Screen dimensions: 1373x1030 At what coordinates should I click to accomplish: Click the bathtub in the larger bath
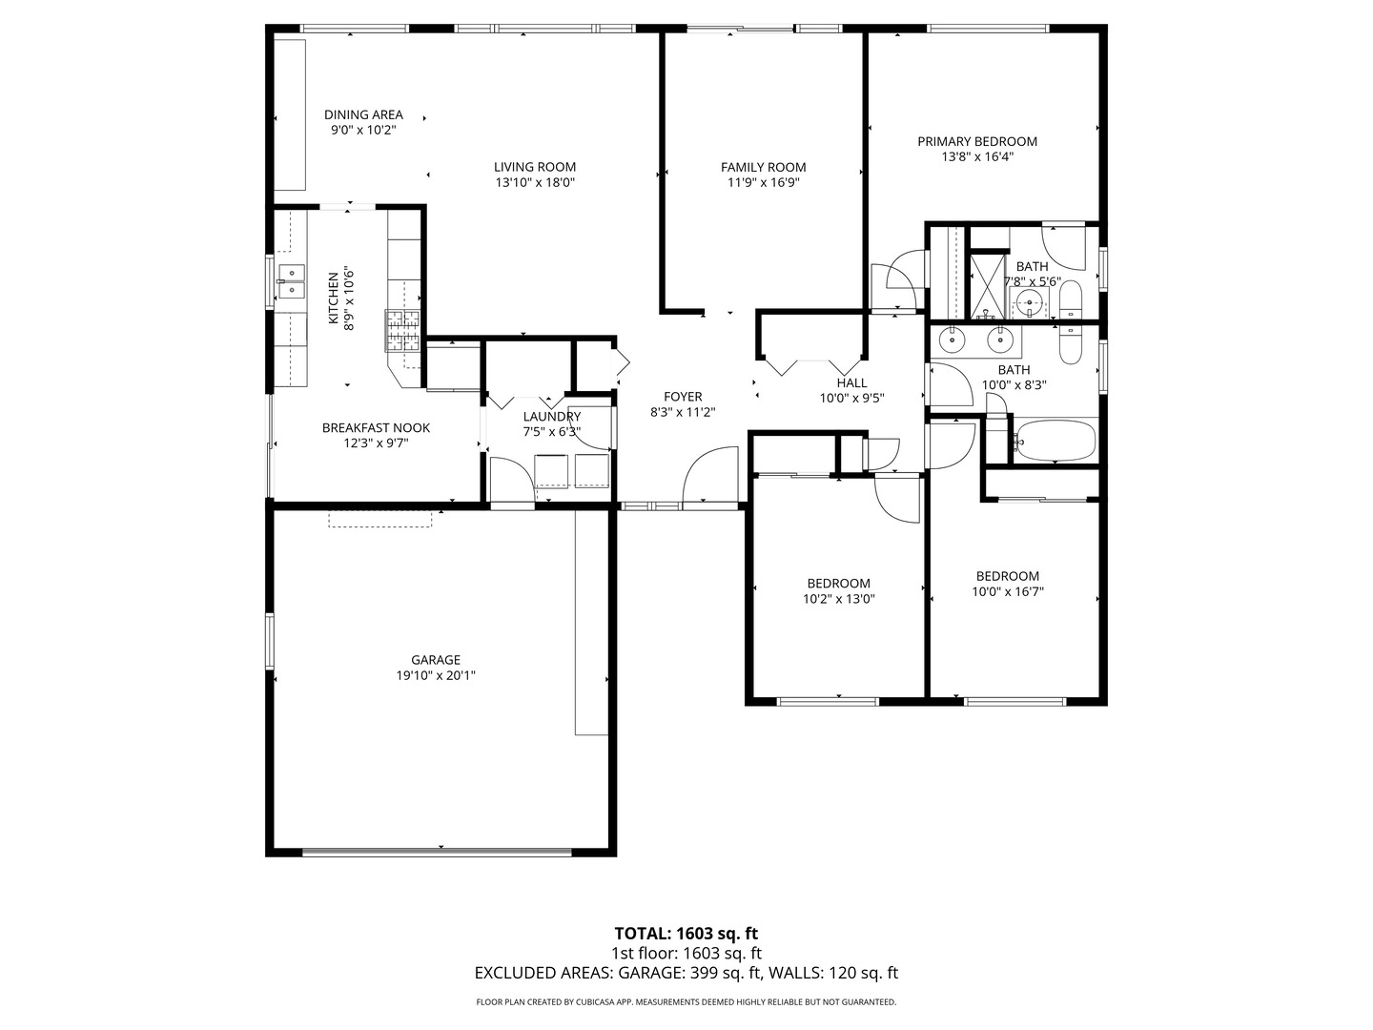coord(1055,440)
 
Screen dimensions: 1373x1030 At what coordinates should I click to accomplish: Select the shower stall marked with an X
coord(987,285)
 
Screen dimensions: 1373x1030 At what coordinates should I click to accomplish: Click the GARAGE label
coord(436,659)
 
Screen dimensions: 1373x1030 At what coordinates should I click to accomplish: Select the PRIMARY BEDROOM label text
coord(977,141)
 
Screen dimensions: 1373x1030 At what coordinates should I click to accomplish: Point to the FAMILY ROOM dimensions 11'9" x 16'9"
coord(763,182)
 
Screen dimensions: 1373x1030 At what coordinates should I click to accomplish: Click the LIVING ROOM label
coord(535,167)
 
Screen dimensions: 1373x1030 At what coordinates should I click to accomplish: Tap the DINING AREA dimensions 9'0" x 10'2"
coord(363,130)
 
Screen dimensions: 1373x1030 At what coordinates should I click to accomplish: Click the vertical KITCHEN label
coord(333,299)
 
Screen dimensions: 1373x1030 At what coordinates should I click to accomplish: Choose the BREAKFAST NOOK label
coord(376,428)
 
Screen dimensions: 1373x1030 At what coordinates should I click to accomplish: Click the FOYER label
coord(683,397)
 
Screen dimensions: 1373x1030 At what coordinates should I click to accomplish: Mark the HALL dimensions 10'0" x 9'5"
coord(852,398)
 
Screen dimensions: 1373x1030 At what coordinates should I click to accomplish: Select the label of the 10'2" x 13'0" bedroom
coord(839,584)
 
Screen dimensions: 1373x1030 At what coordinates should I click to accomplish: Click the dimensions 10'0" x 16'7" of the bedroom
coord(1008,591)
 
